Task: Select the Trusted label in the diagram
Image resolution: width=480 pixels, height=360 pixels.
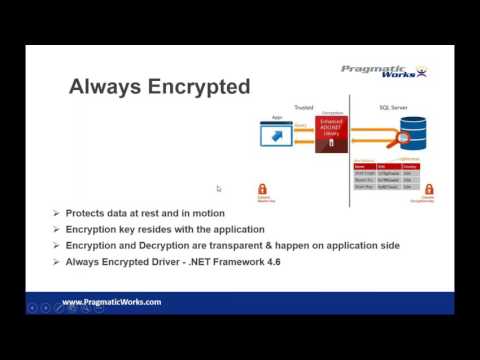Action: pyautogui.click(x=303, y=106)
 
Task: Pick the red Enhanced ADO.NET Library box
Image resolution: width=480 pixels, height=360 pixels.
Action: pyautogui.click(x=330, y=135)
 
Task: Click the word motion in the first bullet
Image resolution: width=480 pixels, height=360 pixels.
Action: pyautogui.click(x=206, y=213)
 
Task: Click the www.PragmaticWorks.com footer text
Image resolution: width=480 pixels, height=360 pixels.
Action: pyautogui.click(x=112, y=301)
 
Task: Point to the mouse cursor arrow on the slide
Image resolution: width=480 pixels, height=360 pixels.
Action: pyautogui.click(x=219, y=188)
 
